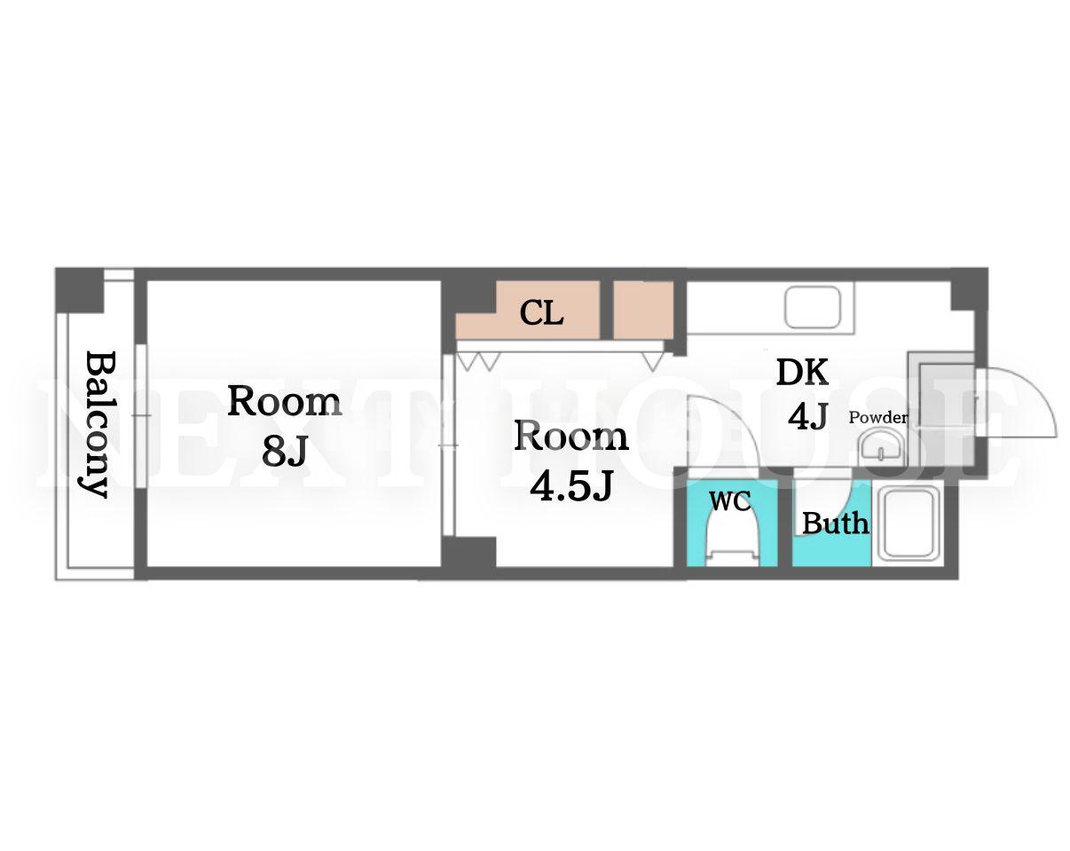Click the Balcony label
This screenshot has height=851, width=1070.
click(97, 424)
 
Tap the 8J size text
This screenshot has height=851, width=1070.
click(285, 451)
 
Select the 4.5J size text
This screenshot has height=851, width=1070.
click(570, 485)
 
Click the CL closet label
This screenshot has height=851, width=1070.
click(541, 313)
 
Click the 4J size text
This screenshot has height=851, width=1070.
click(807, 416)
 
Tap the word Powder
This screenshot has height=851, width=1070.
click(878, 417)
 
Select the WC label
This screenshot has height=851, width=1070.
click(730, 501)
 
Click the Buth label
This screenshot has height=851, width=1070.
click(835, 524)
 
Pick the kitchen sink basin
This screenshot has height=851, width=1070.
click(813, 307)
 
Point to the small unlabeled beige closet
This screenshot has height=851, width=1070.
click(643, 311)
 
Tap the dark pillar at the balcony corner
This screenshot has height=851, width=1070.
click(80, 290)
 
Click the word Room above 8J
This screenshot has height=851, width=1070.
click(285, 401)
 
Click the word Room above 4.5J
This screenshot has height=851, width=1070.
click(570, 436)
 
